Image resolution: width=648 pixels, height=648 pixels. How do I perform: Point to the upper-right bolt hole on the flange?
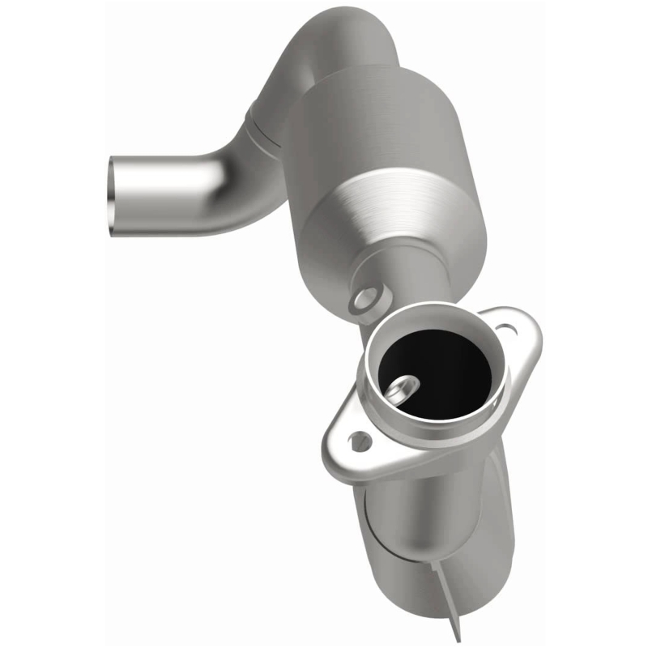pos(505,330)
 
